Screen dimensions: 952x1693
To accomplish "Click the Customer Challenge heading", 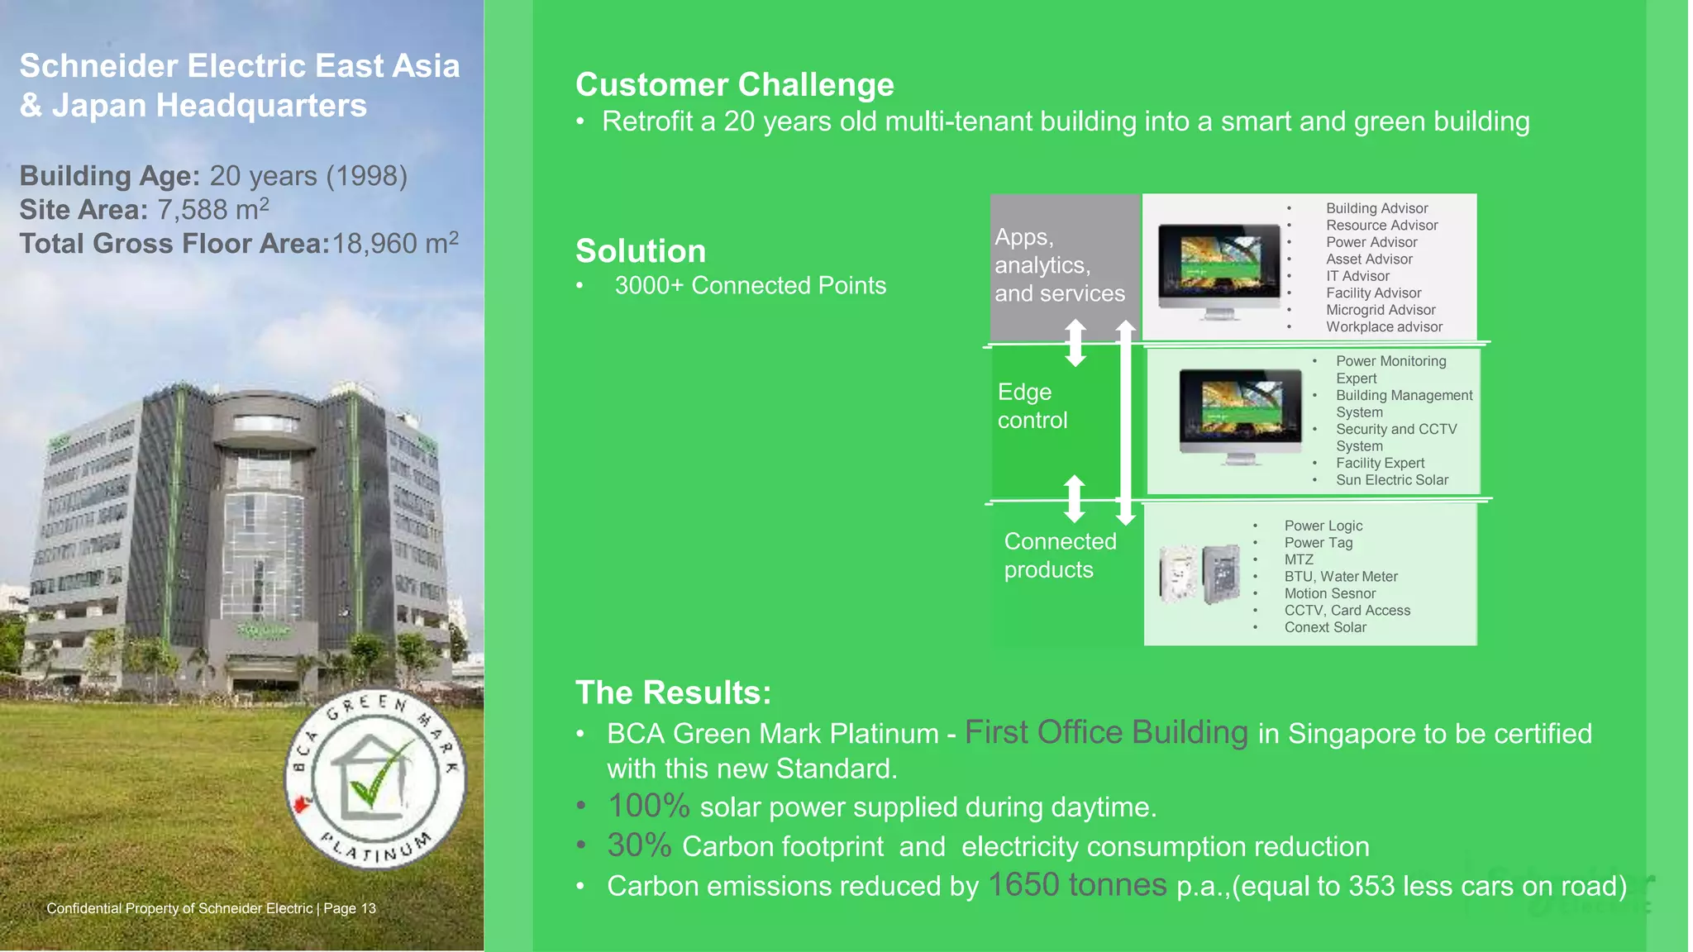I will [734, 85].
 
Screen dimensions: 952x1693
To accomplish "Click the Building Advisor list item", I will [1376, 208].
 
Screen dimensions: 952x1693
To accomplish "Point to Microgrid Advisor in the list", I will [1380, 310].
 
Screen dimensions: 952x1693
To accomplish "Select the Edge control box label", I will [1032, 406].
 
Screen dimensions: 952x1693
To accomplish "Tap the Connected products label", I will [1059, 555].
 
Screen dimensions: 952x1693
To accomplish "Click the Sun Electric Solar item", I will [1391, 480].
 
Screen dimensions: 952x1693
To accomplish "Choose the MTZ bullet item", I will [1298, 559].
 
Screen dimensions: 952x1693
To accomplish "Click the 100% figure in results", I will [648, 807].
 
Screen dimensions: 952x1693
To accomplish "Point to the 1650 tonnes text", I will [1077, 885].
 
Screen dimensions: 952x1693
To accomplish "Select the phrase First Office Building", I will [1106, 732].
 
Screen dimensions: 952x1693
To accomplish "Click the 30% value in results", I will [639, 845].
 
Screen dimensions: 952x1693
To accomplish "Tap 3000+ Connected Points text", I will [750, 286].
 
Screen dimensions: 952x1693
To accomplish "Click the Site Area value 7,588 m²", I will [213, 209].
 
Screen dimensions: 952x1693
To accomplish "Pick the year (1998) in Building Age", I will [366, 176].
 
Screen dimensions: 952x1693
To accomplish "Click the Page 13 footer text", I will [349, 908].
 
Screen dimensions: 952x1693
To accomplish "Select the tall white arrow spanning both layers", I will [1125, 422].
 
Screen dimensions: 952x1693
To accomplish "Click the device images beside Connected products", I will [1199, 574].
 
